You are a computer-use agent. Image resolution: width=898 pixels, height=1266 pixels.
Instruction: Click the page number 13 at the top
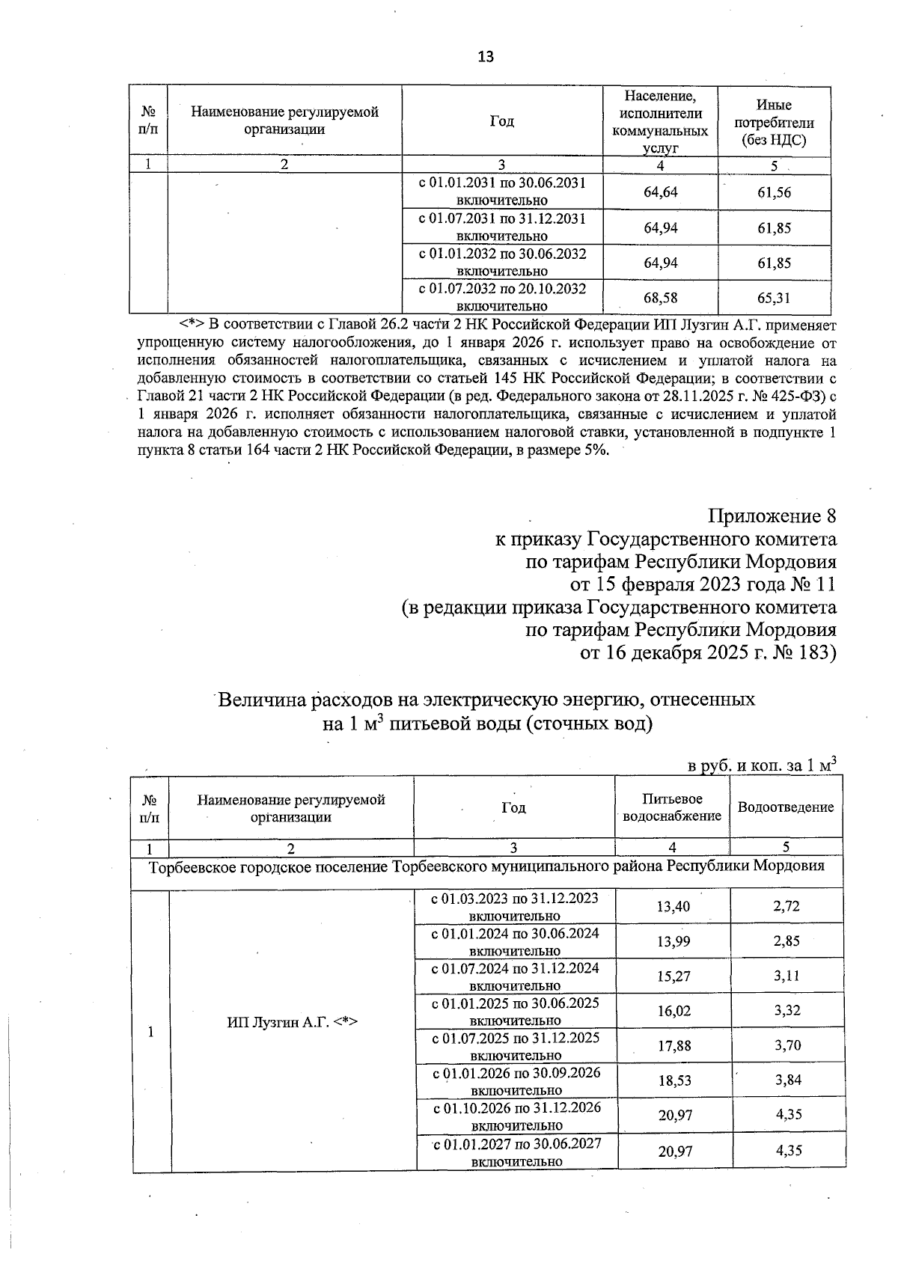tap(485, 57)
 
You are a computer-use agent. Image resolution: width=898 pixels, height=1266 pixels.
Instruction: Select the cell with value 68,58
tap(660, 298)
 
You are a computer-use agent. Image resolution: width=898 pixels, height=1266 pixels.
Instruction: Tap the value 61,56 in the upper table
tap(774, 192)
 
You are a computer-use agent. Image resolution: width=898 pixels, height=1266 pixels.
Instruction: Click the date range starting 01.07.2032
tap(502, 296)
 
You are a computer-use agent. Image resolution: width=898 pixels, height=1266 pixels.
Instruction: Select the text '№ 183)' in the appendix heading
tap(804, 652)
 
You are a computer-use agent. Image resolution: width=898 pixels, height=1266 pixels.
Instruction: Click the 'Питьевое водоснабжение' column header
tap(672, 807)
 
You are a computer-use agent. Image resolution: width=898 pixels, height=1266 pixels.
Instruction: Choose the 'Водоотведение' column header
tap(786, 807)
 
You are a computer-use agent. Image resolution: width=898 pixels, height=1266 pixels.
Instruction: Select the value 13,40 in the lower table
tap(673, 906)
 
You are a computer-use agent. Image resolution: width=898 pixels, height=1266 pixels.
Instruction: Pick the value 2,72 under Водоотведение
tap(786, 906)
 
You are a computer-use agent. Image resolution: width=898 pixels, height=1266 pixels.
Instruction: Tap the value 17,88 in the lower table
tap(673, 1045)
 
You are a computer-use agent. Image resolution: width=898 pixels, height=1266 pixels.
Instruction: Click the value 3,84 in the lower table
tap(787, 1080)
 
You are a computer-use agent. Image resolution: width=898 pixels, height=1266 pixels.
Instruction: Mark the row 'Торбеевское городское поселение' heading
tap(486, 866)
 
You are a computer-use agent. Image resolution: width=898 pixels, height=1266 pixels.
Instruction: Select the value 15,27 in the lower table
tap(673, 976)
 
